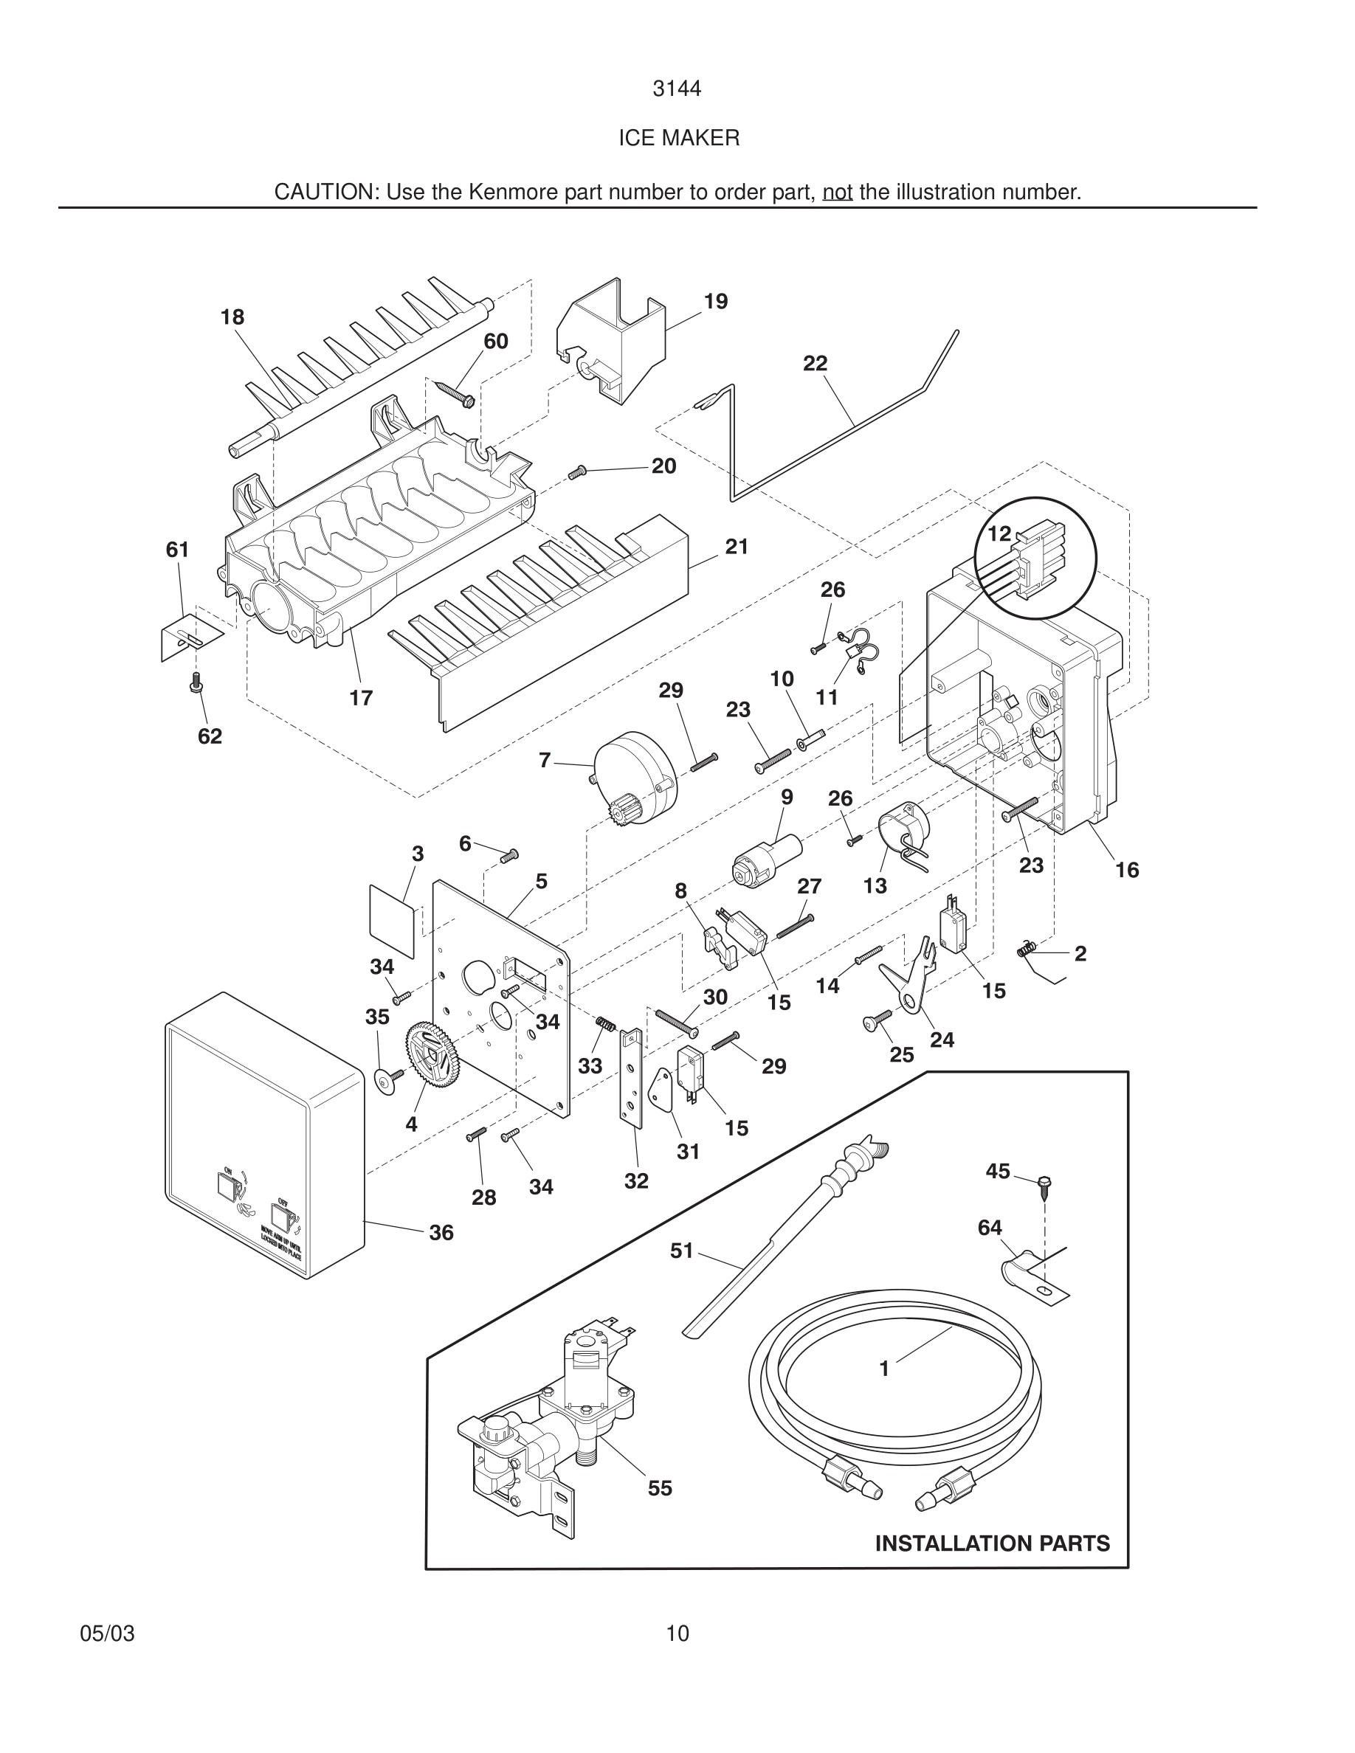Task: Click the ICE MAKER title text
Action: pyautogui.click(x=678, y=138)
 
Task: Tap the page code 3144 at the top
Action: pyautogui.click(x=677, y=89)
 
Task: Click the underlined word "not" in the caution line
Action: pyautogui.click(x=837, y=193)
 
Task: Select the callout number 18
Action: pyautogui.click(x=232, y=317)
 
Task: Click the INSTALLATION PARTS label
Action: pyautogui.click(x=992, y=1543)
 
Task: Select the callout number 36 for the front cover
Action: pyautogui.click(x=441, y=1232)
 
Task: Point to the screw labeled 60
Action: pyautogui.click(x=455, y=393)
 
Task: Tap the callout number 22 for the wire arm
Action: pyautogui.click(x=815, y=364)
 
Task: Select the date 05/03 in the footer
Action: pyautogui.click(x=108, y=1633)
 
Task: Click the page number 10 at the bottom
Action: pyautogui.click(x=677, y=1633)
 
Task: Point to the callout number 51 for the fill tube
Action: pyautogui.click(x=681, y=1251)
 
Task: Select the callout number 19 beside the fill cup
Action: pyautogui.click(x=715, y=302)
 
